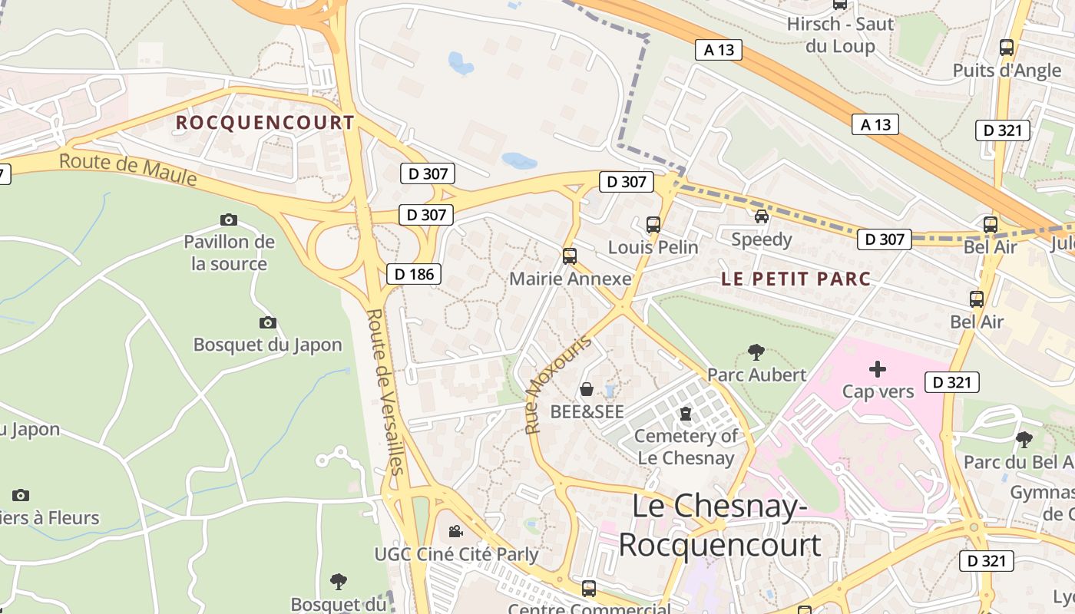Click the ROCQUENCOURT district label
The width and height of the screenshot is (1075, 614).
coord(265,123)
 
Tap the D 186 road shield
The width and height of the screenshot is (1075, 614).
coord(414,274)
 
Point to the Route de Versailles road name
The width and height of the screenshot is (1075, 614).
coord(385,391)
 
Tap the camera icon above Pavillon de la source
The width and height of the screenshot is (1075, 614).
coord(229,220)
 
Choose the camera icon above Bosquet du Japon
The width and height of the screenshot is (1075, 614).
coord(267,322)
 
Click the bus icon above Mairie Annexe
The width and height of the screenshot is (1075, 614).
coord(570,256)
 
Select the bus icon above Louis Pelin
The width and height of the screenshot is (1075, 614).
coord(653,225)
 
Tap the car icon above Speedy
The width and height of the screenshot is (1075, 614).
coord(761,216)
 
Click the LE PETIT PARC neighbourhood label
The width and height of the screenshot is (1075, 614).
coord(796,279)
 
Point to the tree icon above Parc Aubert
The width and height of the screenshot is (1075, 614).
coord(756,352)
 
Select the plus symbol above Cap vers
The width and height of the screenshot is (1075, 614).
coord(878,369)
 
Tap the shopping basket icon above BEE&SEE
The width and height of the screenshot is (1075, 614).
coord(587,389)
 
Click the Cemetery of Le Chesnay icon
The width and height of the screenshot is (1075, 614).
coord(686,414)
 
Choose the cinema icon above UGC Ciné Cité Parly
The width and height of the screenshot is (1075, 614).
coord(455,531)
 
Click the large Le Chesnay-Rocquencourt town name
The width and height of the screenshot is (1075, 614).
coord(719,526)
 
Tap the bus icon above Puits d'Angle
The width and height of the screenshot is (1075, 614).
coord(1007,48)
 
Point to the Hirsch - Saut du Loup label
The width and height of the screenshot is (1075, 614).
coord(840,35)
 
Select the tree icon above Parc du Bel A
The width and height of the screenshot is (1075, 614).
coord(1024,439)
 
